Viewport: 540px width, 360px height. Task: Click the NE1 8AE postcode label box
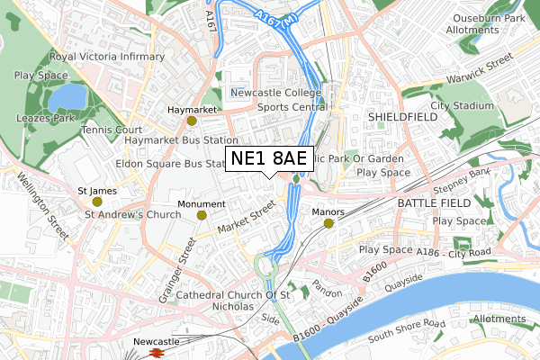(269, 159)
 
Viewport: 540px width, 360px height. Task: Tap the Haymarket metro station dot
(191, 121)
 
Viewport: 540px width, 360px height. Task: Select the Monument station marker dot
(202, 215)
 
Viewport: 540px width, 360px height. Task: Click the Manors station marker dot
(328, 223)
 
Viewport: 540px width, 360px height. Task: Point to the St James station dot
(97, 202)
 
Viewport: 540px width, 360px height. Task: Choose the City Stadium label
(462, 105)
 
